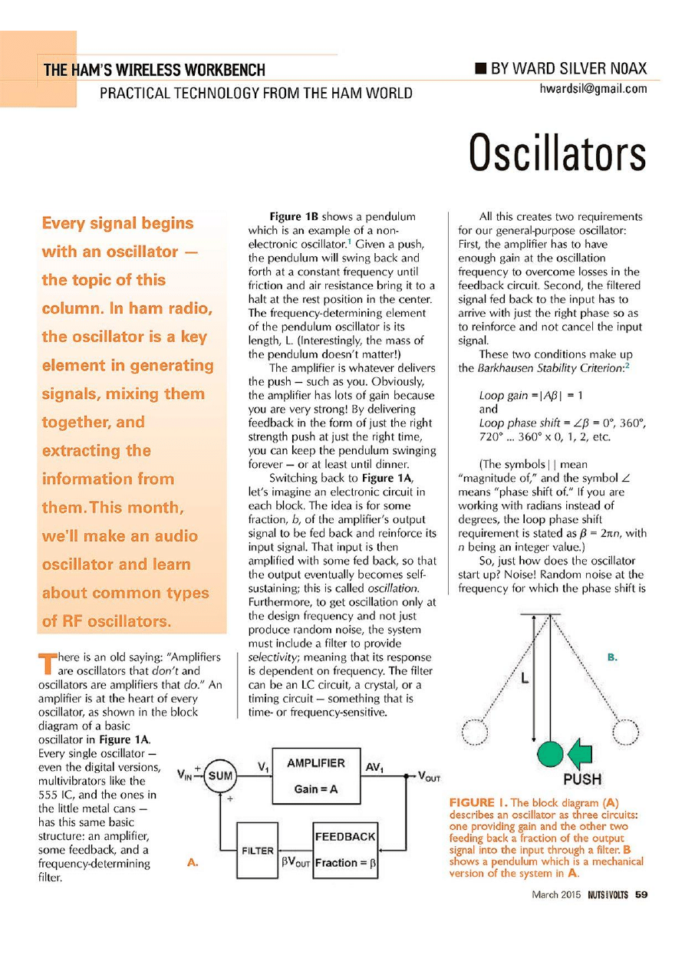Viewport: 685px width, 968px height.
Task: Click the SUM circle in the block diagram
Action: pyautogui.click(x=220, y=776)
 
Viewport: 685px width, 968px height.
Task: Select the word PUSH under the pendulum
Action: pyautogui.click(x=582, y=780)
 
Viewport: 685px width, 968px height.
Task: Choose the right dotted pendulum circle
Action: pyautogui.click(x=626, y=731)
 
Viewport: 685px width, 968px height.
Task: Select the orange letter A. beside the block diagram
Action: pyautogui.click(x=193, y=863)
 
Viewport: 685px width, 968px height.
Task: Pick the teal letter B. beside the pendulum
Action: pyautogui.click(x=612, y=657)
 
